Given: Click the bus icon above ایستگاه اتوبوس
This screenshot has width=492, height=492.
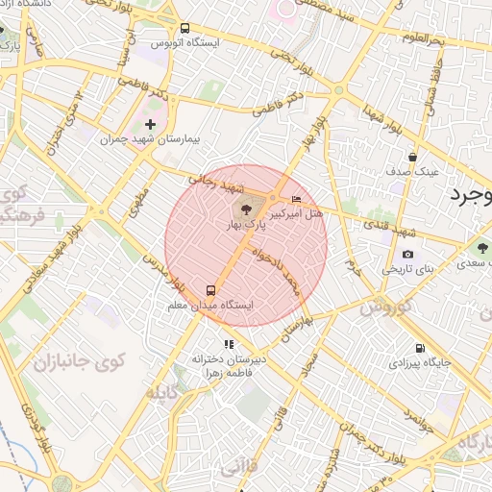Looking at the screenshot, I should (x=184, y=29).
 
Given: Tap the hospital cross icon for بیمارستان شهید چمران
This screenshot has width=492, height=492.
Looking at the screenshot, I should (x=150, y=124).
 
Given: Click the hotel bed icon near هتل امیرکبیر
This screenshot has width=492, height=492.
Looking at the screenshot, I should (x=295, y=198).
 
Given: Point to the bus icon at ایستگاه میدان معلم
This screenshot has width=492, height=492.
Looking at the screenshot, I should (x=210, y=289).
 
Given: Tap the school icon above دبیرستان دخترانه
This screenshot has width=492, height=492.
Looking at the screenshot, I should (x=228, y=343).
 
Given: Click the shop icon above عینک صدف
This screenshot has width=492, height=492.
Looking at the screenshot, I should (x=412, y=157).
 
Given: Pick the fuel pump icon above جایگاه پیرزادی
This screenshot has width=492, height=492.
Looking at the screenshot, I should (x=418, y=348).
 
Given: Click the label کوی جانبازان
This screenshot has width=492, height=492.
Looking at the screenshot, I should (x=67, y=363).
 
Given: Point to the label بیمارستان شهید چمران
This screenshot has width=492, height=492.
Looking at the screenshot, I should (x=152, y=140).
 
